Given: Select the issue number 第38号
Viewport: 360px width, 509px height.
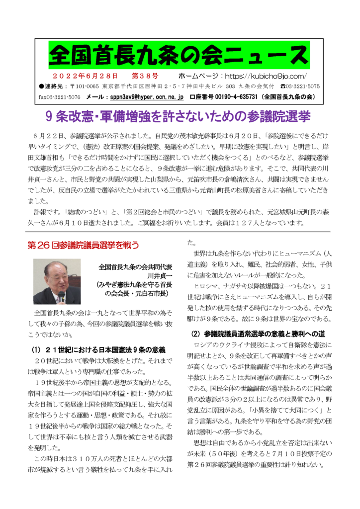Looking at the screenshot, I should pyautogui.click(x=145, y=77).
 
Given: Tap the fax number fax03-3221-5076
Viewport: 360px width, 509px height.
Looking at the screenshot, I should pyautogui.click(x=59, y=96).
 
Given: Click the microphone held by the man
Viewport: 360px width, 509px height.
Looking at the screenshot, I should pyautogui.click(x=61, y=297).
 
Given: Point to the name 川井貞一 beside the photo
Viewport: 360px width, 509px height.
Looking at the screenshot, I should pyautogui.click(x=159, y=276).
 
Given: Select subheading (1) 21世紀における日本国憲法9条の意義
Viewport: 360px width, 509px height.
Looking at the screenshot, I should pyautogui.click(x=98, y=349).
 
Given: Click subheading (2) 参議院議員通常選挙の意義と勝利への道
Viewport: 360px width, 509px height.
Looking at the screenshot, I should pyautogui.click(x=259, y=334).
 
